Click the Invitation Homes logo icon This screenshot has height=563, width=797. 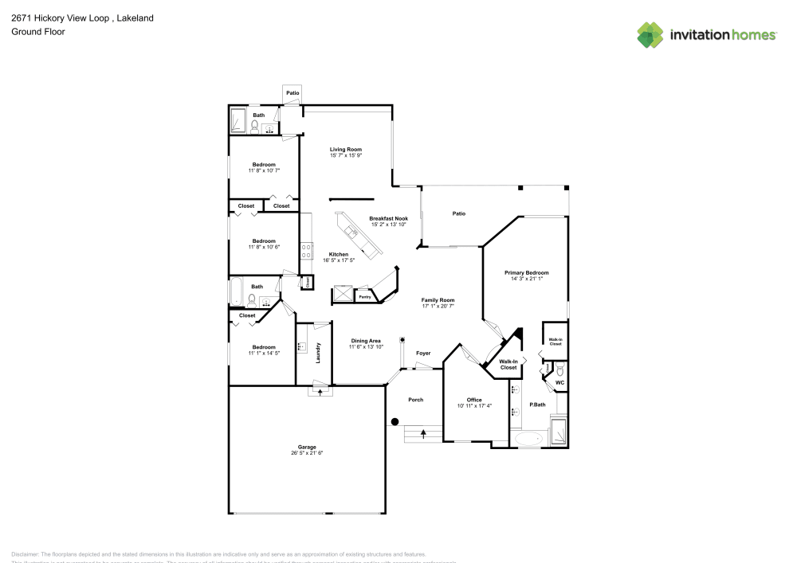pos(650,34)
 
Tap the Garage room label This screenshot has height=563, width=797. pos(308,447)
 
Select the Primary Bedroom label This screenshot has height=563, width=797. pos(526,272)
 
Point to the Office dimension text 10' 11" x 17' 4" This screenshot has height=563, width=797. pos(474,405)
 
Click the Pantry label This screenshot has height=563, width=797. pos(365,297)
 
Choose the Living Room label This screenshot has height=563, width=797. pos(346,150)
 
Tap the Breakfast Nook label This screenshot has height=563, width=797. pos(388,218)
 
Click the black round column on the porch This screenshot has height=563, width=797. pos(395,422)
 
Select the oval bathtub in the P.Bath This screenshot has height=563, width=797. pos(528,438)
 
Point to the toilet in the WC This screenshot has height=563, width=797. pos(559,371)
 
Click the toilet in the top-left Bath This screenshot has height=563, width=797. pos(254,127)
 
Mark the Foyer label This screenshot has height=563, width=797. pos(422,353)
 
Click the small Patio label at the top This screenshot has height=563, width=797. pos(292,94)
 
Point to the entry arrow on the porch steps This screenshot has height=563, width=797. pos(422,432)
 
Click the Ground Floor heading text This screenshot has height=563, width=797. pos(38,32)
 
